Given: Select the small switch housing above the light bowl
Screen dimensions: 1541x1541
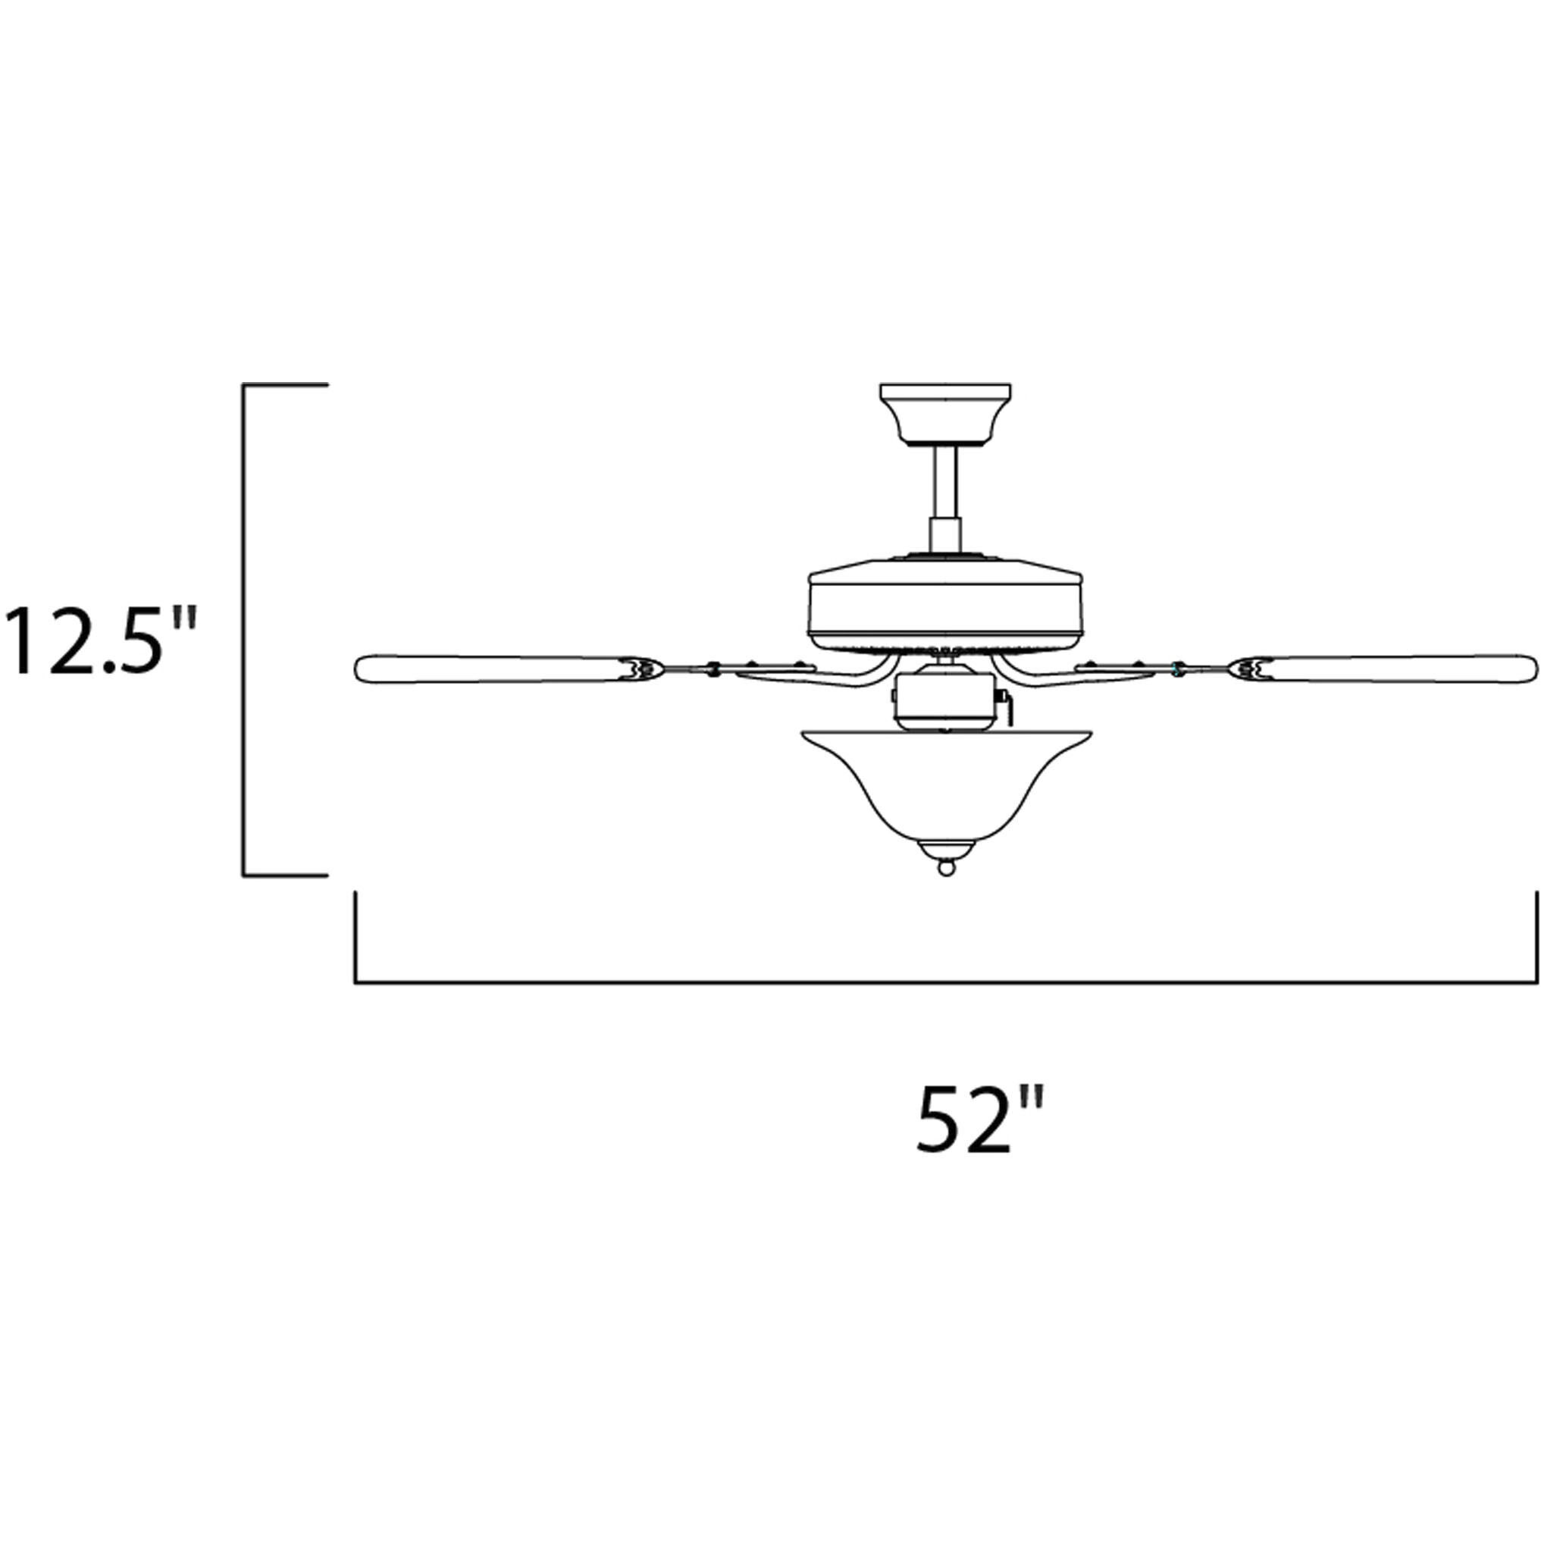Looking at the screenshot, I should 945,699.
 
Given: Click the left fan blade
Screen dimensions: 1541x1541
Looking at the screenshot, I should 494,669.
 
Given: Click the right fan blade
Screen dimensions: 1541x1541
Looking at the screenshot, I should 1395,668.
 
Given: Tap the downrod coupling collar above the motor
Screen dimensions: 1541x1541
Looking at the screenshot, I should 945,534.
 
